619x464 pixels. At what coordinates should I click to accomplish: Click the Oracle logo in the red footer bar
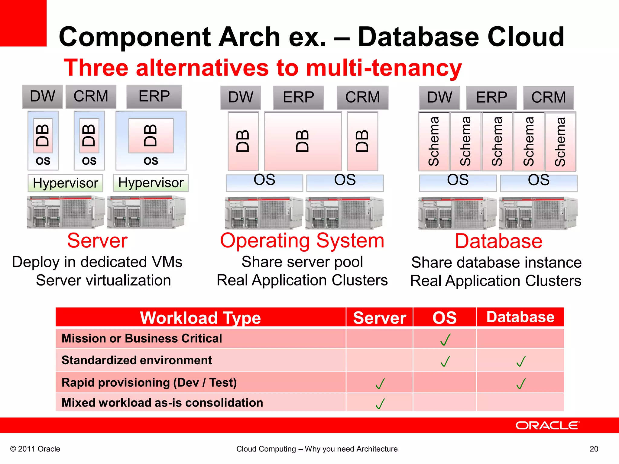[547, 425]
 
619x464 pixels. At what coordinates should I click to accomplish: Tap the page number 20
[594, 449]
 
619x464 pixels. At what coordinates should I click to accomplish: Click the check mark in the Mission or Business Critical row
[445, 339]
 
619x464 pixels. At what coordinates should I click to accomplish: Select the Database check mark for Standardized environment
[521, 361]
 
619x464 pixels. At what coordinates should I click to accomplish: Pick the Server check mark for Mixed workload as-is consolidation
[380, 403]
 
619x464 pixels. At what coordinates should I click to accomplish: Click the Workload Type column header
[200, 318]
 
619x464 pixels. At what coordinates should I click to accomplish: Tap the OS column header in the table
[444, 318]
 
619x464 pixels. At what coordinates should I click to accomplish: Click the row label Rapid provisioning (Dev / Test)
[149, 382]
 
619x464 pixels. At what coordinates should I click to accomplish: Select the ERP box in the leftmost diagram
[154, 97]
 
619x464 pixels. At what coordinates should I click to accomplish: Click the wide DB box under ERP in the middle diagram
[303, 141]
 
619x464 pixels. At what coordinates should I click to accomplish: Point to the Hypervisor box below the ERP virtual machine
[151, 183]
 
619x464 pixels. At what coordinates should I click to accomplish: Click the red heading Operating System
[302, 241]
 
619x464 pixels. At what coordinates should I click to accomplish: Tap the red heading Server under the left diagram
[97, 241]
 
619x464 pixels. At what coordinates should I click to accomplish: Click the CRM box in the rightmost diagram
[548, 98]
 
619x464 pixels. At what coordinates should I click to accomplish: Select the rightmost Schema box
[560, 142]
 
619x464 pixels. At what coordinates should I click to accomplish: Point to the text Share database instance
[496, 262]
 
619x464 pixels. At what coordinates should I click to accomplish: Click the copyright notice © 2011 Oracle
[35, 449]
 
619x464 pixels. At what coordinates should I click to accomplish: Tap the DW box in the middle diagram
[241, 98]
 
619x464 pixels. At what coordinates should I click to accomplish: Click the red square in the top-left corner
[23, 23]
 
